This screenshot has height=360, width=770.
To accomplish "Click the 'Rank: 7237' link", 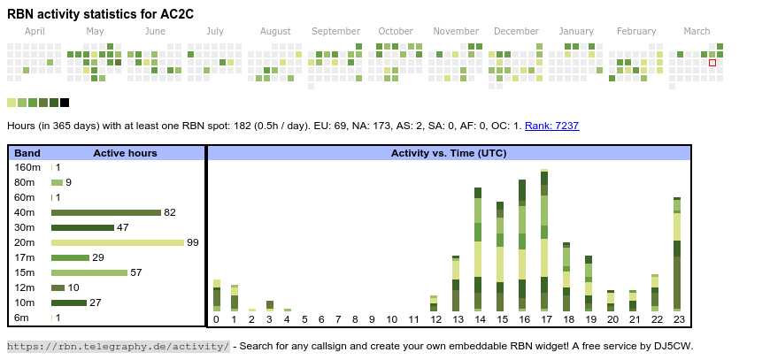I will point(551,126).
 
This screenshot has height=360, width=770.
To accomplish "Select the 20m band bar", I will point(117,242).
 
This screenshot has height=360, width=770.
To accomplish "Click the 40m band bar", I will point(105,212).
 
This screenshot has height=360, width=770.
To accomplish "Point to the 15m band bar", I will point(89,272).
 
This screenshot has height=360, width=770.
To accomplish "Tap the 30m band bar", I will point(82,227).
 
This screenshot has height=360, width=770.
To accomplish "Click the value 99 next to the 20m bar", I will point(192,242).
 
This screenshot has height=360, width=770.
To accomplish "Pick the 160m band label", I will point(27,167).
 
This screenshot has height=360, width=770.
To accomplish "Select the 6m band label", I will point(21,318).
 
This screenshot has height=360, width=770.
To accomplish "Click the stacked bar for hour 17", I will point(544,239).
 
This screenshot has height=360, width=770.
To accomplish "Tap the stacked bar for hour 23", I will point(677,254).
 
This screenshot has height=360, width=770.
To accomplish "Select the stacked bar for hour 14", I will point(478,249).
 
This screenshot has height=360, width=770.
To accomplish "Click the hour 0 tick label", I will point(216,319).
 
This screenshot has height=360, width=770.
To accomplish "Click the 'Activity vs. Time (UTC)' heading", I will point(449,153).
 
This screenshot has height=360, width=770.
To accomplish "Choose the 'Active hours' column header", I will point(125,153).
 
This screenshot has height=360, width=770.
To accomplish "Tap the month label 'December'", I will point(510,32).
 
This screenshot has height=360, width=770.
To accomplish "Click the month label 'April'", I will point(35,32).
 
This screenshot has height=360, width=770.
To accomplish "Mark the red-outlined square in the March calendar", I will point(712,63).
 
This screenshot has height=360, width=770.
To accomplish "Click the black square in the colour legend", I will point(65,103).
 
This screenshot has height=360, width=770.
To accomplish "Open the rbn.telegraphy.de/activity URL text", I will point(119,346).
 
